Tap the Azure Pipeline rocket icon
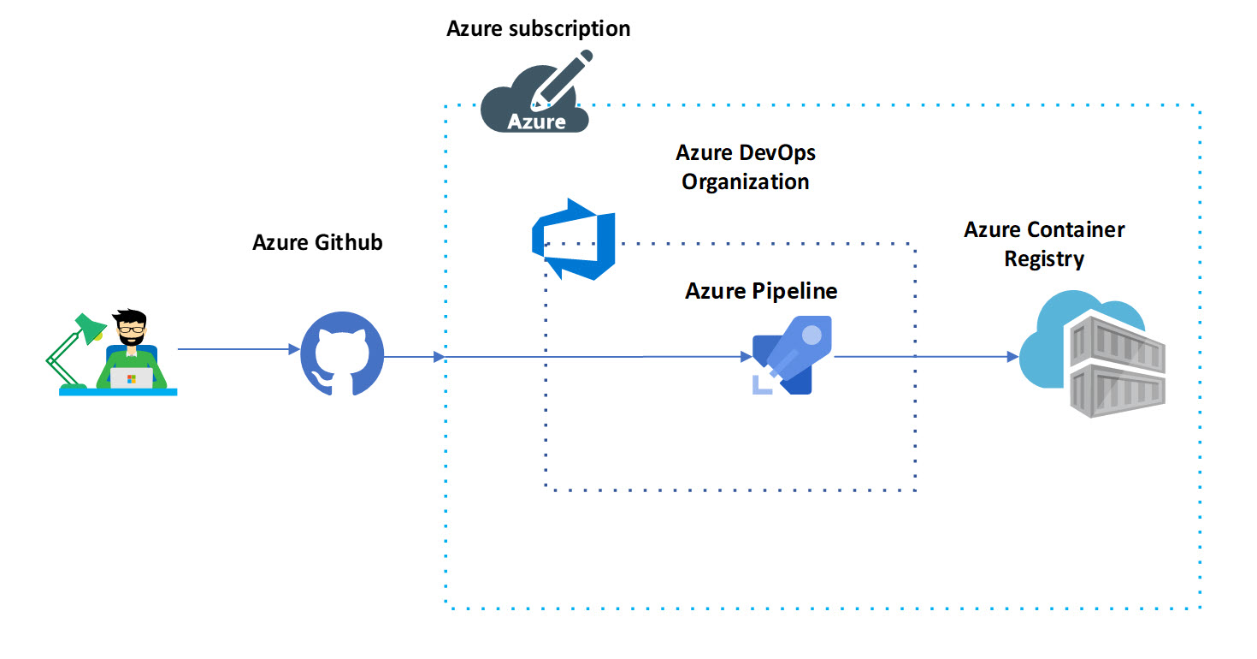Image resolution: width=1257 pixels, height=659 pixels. (x=792, y=354)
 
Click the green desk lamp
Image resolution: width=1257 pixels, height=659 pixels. (x=73, y=351)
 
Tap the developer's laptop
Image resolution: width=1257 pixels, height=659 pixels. (x=131, y=377)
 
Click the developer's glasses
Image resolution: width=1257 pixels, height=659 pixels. (x=132, y=328)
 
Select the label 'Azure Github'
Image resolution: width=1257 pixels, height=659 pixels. (x=317, y=242)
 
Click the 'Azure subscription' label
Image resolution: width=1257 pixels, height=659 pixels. (x=538, y=28)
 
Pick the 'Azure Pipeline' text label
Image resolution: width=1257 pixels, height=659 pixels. (x=761, y=291)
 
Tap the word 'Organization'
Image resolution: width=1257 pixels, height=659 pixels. (x=745, y=182)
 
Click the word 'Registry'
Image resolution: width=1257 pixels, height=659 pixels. (x=1044, y=258)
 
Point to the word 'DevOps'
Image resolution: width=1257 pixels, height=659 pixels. (x=779, y=153)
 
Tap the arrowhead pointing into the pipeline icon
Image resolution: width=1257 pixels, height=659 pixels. (x=745, y=356)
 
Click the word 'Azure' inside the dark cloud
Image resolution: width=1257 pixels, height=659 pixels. (x=536, y=121)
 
